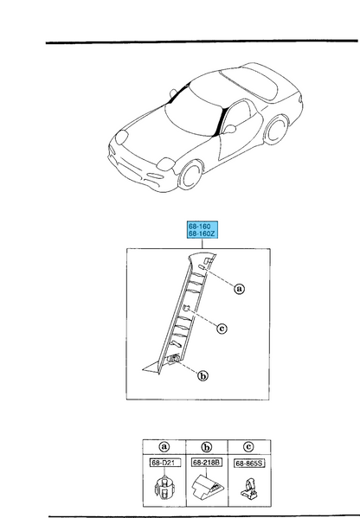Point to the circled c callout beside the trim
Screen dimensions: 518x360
tap(222, 328)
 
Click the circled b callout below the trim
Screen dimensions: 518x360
tap(202, 375)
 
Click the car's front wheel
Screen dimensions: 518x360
tap(190, 176)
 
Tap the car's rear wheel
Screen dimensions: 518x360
tap(275, 131)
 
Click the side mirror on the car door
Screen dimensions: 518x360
tap(230, 129)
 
